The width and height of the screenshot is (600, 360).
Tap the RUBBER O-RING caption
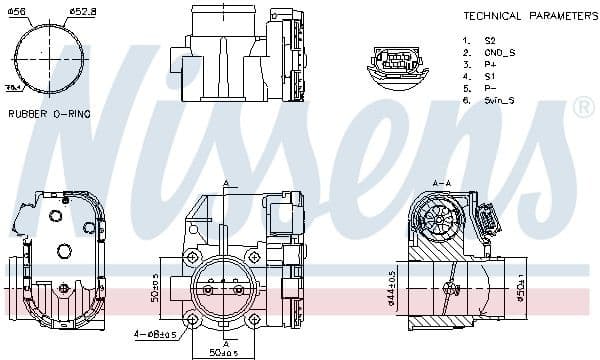tap(49, 114)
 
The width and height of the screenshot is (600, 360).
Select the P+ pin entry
tap(488, 65)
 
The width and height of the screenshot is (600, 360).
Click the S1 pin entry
tap(488, 77)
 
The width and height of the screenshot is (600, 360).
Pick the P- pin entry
tap(488, 89)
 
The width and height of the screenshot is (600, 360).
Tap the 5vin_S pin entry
tap(497, 101)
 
